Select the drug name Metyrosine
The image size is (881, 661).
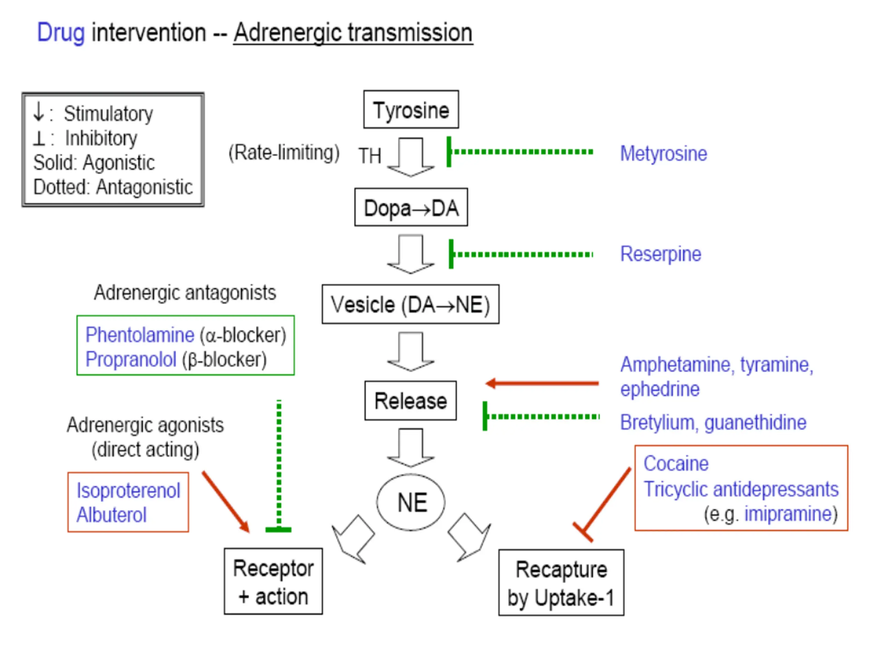664,154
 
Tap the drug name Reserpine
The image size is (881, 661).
661,254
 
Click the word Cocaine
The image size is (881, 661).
676,463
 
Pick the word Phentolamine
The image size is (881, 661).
140,335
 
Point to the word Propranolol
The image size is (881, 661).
131,360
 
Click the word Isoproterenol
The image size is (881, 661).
128,491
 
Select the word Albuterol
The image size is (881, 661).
112,515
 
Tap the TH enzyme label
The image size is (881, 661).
370,156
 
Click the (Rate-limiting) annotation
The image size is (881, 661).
284,153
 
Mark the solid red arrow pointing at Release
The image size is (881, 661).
542,383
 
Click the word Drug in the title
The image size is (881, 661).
61,33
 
